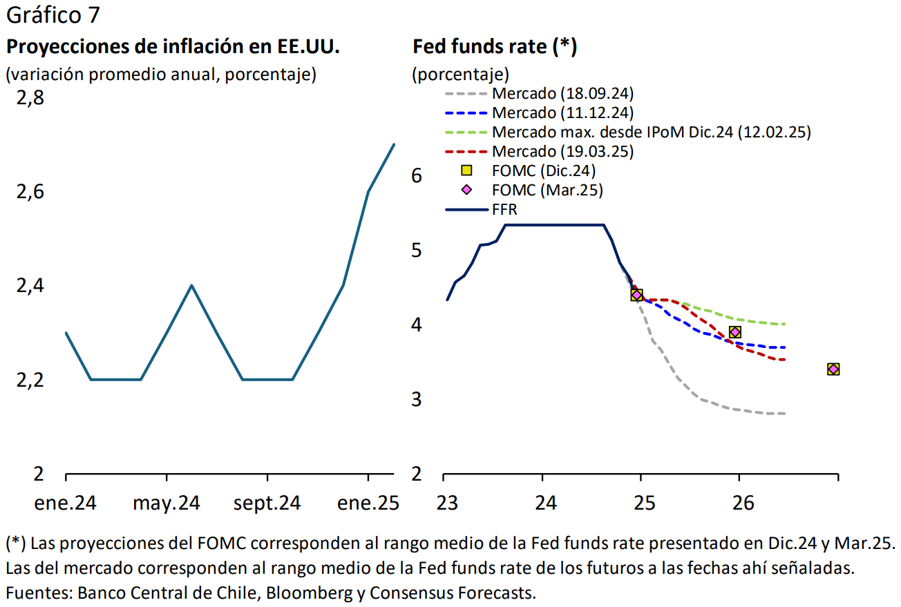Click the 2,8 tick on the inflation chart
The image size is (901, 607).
[x=30, y=99]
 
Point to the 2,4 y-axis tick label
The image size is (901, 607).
[x=30, y=286]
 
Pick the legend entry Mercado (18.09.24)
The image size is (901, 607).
[x=562, y=93]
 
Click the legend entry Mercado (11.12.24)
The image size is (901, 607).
[x=562, y=113]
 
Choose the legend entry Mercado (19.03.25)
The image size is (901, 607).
[x=562, y=151]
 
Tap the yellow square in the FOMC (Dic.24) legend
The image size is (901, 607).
[x=467, y=171]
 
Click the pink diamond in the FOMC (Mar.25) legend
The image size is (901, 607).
[x=467, y=190]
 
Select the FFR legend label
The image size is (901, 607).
[x=504, y=209]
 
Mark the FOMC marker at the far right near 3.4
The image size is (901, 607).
[x=833, y=369]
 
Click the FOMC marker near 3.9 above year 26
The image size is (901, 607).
[x=735, y=332]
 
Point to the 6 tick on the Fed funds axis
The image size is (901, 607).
[x=417, y=175]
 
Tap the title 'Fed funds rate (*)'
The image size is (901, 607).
[x=495, y=47]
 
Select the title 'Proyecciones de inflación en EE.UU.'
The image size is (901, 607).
[x=173, y=47]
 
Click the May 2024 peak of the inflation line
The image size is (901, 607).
[x=191, y=285]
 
